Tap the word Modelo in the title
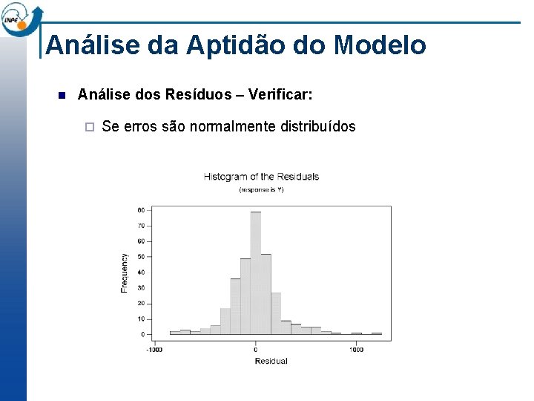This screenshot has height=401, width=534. (380, 45)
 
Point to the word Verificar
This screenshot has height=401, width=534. (280, 95)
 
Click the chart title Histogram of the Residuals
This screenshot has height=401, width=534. (261, 177)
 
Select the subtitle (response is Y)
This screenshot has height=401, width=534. (261, 189)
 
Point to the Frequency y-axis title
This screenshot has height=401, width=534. (125, 273)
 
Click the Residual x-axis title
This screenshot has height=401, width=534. (271, 361)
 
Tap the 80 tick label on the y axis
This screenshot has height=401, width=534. (141, 210)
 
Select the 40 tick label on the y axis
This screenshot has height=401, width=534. (141, 273)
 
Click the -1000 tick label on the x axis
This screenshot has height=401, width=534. (154, 350)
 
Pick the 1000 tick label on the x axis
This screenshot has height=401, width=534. (357, 350)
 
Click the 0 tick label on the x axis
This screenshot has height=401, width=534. (255, 350)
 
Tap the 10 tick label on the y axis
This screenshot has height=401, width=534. (141, 319)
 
